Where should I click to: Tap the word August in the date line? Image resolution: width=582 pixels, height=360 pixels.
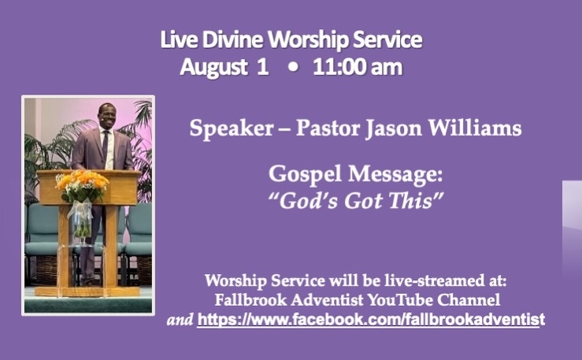(x=213, y=68)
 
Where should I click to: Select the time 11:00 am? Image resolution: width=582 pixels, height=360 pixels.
(x=358, y=68)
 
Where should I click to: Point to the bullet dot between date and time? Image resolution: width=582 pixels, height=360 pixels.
(x=293, y=68)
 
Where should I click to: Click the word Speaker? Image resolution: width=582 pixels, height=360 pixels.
(x=232, y=129)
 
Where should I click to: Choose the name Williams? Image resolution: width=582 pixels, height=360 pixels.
(x=475, y=128)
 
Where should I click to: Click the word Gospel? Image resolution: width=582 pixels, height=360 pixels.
(x=305, y=174)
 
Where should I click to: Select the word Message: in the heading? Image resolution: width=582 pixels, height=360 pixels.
(x=395, y=174)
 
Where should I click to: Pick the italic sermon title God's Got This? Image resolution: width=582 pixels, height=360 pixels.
(x=356, y=201)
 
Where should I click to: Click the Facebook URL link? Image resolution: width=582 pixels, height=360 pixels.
(x=371, y=320)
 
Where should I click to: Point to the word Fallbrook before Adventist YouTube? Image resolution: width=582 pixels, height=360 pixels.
(x=251, y=300)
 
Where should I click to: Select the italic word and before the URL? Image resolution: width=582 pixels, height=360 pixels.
(x=180, y=320)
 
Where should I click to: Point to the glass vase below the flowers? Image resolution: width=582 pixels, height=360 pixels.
(x=81, y=220)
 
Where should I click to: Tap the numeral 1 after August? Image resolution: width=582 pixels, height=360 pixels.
(x=262, y=67)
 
